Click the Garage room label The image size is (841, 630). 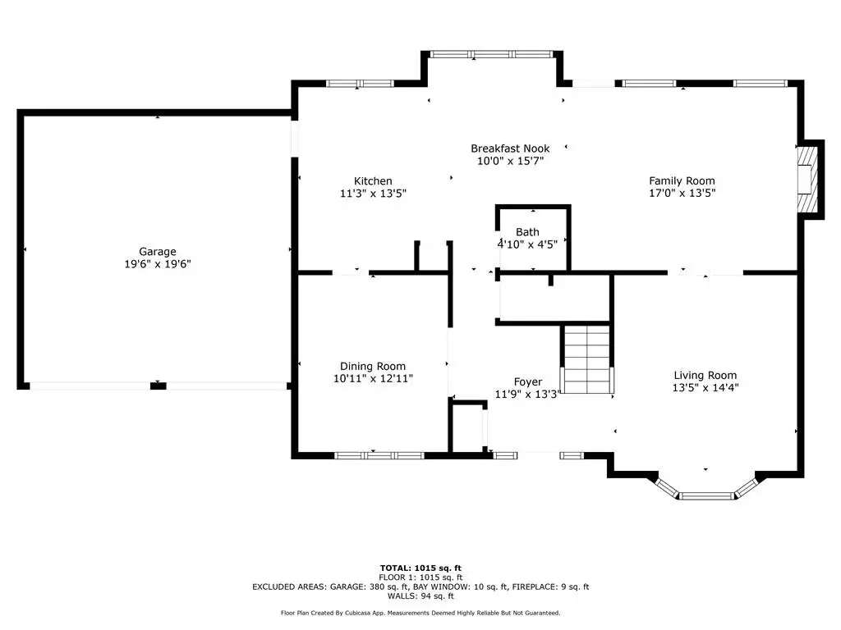tap(157, 251)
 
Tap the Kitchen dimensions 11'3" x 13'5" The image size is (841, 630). tap(374, 194)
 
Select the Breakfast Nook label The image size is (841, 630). tap(510, 148)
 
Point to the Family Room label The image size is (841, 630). tap(682, 181)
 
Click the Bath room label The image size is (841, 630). tap(527, 232)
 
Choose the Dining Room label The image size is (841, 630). tap(373, 367)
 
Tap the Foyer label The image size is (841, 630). tap(528, 382)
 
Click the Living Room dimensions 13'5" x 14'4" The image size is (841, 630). tap(705, 387)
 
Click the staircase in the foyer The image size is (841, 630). tap(586, 359)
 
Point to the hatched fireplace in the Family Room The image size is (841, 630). tap(807, 180)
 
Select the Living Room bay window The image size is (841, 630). tap(705, 490)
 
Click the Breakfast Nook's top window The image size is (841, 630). tap(491, 54)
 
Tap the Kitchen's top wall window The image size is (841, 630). tap(360, 84)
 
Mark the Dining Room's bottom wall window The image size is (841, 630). tap(379, 456)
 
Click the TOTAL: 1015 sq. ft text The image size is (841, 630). tap(420, 568)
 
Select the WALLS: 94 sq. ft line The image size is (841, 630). tap(420, 596)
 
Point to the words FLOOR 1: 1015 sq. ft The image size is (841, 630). tap(420, 577)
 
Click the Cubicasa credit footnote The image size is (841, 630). tap(420, 613)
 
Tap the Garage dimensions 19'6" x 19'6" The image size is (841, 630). tap(158, 263)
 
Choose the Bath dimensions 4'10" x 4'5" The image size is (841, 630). tap(528, 244)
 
